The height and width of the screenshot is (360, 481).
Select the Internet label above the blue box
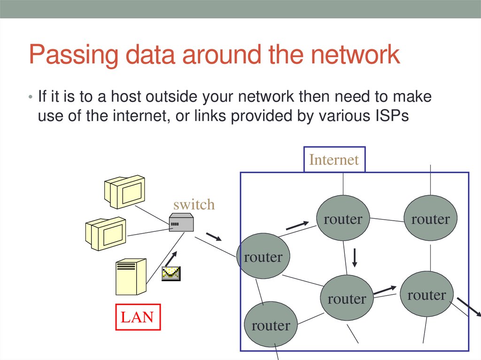(334, 160)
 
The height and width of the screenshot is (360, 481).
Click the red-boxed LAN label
(137, 317)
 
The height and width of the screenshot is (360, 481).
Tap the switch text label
(194, 205)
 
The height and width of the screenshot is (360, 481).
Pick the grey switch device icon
(181, 222)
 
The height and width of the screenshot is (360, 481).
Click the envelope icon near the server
(171, 274)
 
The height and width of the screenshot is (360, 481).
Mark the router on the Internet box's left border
(264, 257)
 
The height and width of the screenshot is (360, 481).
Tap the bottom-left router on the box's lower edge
(271, 325)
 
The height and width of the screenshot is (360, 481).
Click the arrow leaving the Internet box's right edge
(468, 307)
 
